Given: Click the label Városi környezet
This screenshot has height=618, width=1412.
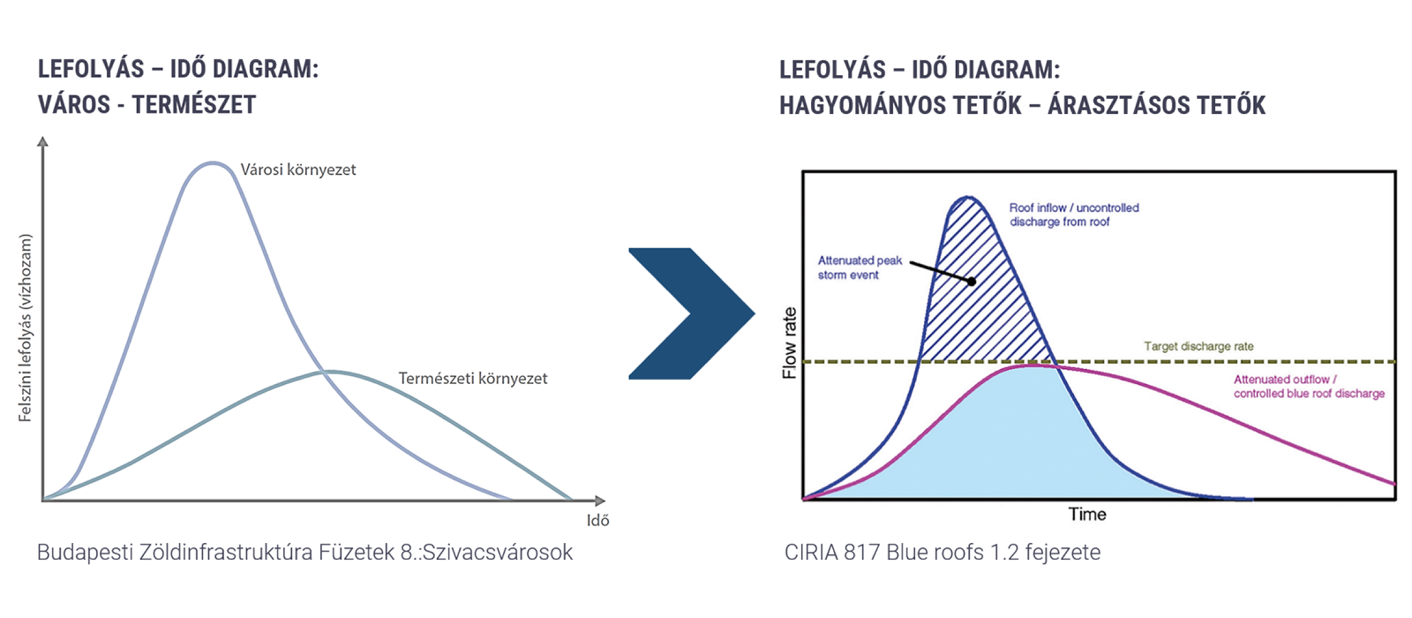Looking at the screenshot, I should (298, 170).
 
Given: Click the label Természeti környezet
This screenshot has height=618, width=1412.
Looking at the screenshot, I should (473, 379).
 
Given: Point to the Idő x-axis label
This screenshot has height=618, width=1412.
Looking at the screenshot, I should (597, 521).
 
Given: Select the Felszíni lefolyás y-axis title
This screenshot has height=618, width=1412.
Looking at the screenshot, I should (26, 328).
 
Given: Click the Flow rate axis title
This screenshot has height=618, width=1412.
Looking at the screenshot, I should (789, 343).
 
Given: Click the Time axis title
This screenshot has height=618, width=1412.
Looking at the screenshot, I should (1086, 515).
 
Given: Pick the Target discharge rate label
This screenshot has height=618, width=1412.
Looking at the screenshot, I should (1198, 346).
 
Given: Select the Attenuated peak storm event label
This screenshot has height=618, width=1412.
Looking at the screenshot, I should (860, 268).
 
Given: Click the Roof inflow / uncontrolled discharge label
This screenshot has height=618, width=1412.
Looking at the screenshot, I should (1074, 215).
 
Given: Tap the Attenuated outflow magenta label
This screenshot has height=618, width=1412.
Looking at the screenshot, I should (1309, 387).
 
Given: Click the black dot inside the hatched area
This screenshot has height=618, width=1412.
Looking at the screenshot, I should (971, 282).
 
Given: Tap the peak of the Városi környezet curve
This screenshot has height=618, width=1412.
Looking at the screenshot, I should (213, 162).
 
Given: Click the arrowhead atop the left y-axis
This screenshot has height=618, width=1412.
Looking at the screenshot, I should (42, 140).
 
